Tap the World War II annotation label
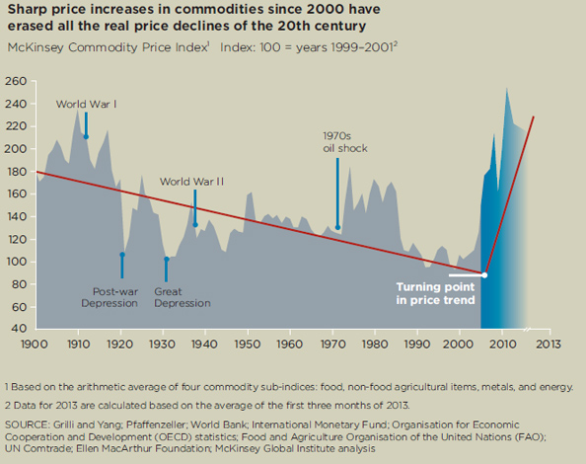[x=192, y=182]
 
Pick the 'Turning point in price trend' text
[x=436, y=293]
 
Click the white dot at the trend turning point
[x=483, y=274]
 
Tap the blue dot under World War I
[x=86, y=137]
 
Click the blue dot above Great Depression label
[x=167, y=260]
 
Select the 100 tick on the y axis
[x=17, y=262]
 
